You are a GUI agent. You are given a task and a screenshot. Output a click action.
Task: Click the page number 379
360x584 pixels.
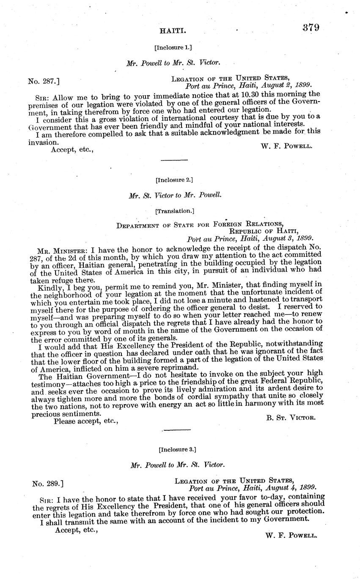tap(311, 28)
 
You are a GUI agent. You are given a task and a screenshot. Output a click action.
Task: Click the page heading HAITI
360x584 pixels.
tap(170, 31)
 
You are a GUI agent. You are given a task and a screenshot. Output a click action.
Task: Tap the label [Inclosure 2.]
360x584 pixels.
tap(174, 180)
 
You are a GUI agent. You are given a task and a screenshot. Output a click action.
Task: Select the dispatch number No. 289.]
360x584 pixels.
tap(48, 483)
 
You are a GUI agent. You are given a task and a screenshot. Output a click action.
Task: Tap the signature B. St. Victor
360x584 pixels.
tap(291, 417)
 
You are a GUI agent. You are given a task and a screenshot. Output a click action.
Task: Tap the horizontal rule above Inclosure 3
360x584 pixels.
tap(177, 430)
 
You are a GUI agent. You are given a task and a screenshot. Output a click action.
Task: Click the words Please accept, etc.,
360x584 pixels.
tap(86, 421)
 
